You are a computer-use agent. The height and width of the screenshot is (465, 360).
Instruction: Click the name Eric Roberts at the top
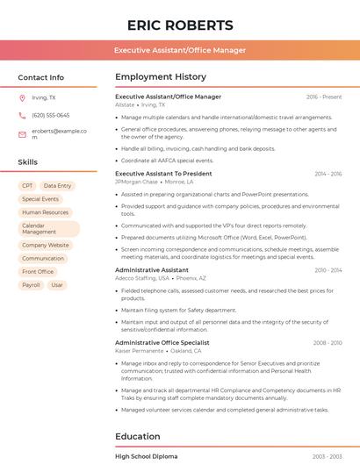(x=180, y=25)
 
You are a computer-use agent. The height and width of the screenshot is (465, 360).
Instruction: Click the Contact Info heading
(x=40, y=77)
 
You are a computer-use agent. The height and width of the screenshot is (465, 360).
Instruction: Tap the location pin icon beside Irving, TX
(x=22, y=98)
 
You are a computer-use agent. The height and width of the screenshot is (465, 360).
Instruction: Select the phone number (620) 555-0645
(x=50, y=115)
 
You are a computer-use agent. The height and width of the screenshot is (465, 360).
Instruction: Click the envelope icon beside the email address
(x=22, y=134)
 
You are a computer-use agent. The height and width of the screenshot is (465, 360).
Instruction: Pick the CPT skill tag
(x=27, y=186)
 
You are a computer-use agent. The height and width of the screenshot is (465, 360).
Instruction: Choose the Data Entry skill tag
(x=57, y=186)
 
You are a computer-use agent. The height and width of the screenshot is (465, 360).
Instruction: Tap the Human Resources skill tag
(x=45, y=212)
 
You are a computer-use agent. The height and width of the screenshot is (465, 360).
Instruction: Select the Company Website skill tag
(x=45, y=246)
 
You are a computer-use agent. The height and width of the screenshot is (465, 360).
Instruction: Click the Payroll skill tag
(x=31, y=285)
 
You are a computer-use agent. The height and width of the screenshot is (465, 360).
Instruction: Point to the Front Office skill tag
(x=38, y=272)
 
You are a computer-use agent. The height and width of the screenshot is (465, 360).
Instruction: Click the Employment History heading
(x=161, y=77)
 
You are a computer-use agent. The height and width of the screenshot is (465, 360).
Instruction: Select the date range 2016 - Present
(x=324, y=97)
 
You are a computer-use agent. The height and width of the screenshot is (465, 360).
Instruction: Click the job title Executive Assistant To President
(x=163, y=174)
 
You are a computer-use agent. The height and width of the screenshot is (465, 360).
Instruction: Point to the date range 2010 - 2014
(x=328, y=270)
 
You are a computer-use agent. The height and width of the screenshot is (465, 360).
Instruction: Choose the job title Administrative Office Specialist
(x=162, y=342)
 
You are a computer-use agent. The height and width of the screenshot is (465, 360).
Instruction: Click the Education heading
(x=138, y=436)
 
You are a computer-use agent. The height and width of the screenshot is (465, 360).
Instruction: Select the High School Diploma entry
(x=146, y=456)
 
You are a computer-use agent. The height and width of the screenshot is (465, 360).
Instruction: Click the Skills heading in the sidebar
(x=28, y=162)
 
